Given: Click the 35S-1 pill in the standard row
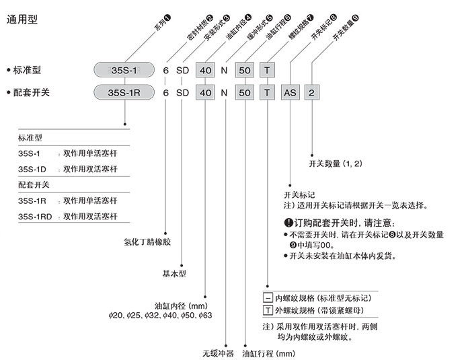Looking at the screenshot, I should click(125, 69).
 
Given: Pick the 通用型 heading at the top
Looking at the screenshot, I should click(22, 19).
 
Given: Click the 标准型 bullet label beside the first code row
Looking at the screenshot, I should click(28, 69).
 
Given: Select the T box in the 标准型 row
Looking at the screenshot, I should click(268, 69).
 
